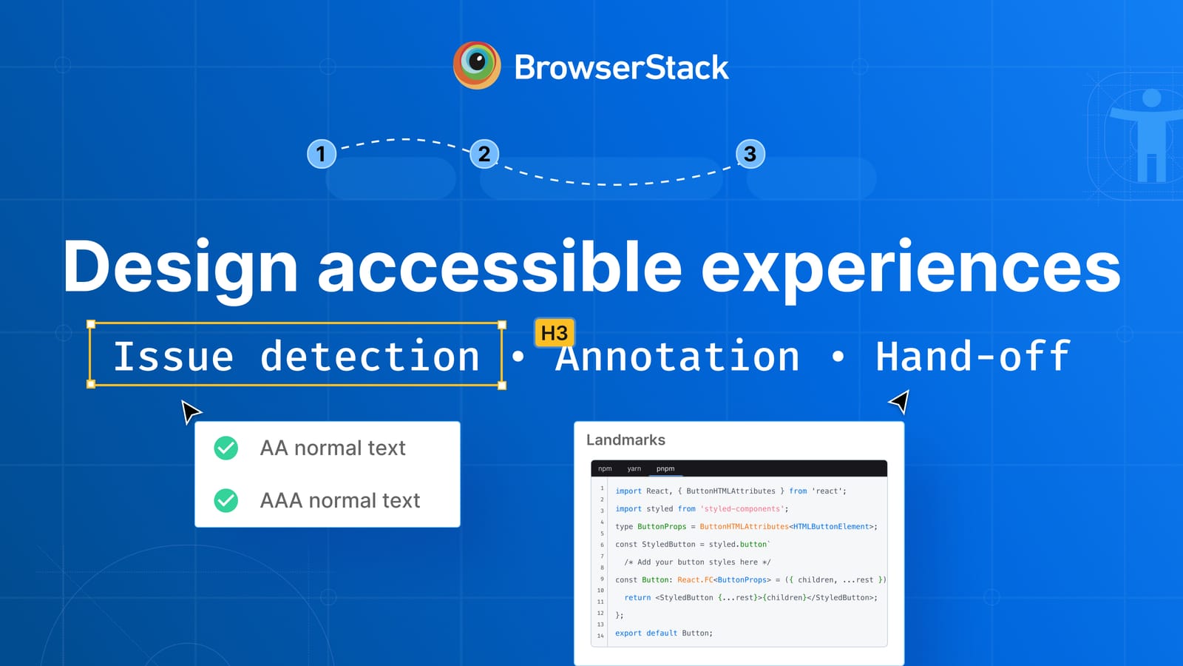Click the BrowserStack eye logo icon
click(x=477, y=65)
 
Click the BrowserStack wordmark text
click(x=621, y=67)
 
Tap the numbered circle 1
click(x=321, y=154)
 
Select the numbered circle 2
click(x=484, y=154)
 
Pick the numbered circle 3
click(x=750, y=154)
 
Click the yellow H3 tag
click(x=554, y=333)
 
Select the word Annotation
click(x=677, y=357)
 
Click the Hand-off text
click(x=972, y=357)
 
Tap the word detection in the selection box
click(x=370, y=357)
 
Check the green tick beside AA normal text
click(x=226, y=448)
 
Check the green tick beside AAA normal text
click(x=226, y=500)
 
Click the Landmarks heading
click(x=626, y=440)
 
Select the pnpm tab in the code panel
click(x=665, y=468)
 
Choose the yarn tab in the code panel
click(x=634, y=468)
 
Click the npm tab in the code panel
click(x=605, y=468)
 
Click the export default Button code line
click(x=663, y=633)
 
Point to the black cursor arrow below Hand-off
click(x=901, y=402)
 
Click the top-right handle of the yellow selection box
click(x=502, y=325)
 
